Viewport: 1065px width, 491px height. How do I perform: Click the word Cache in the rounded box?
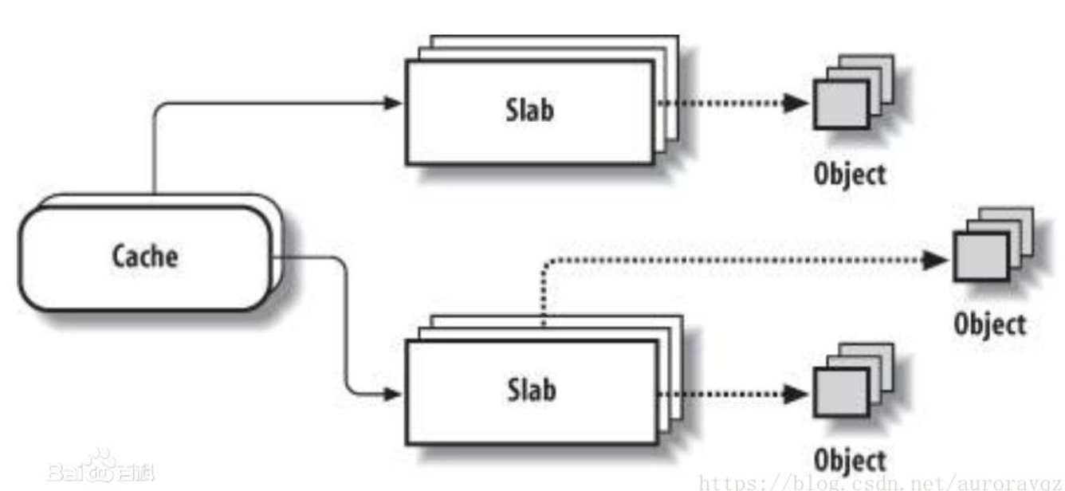pos(145,257)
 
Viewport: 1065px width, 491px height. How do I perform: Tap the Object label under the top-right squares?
pos(849,174)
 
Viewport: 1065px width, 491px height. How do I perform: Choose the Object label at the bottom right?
pos(849,460)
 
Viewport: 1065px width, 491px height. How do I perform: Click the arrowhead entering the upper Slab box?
pos(392,102)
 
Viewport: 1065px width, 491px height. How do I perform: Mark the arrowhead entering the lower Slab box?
pos(392,393)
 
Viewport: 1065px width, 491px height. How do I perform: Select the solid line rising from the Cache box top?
pos(154,151)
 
